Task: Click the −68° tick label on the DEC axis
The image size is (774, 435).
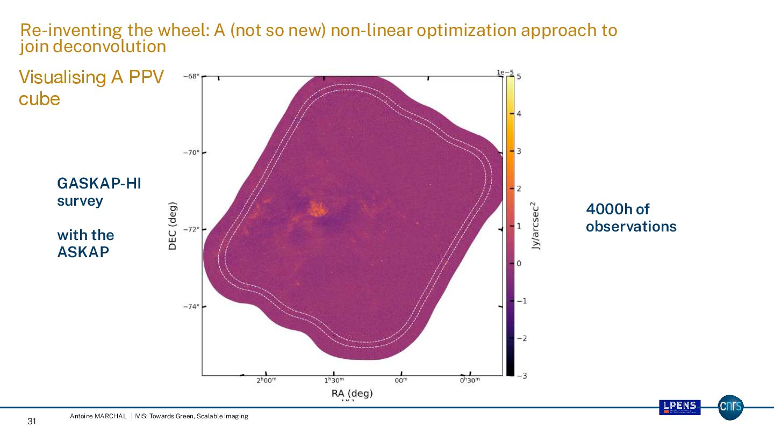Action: (192, 76)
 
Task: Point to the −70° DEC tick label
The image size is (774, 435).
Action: (192, 153)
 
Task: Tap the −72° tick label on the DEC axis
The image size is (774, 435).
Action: (192, 229)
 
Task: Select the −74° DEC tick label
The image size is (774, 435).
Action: (192, 307)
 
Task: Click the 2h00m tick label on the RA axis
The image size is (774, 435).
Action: (266, 381)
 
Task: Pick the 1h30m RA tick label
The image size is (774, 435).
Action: (334, 381)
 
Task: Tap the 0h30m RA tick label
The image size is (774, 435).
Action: (469, 381)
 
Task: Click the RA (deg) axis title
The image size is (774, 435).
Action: (352, 394)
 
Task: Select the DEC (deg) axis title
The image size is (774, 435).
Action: (173, 226)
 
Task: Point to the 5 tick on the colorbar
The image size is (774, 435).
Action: (519, 77)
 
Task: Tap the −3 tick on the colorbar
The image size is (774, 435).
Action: (520, 375)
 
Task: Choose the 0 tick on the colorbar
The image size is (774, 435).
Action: (519, 263)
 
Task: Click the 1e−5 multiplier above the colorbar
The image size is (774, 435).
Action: (507, 71)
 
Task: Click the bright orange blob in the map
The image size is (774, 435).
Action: (318, 208)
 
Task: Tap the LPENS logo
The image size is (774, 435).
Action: (679, 407)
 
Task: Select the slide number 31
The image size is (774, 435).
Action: (32, 422)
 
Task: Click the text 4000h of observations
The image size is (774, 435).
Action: (630, 218)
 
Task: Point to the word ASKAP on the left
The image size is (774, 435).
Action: (83, 252)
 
